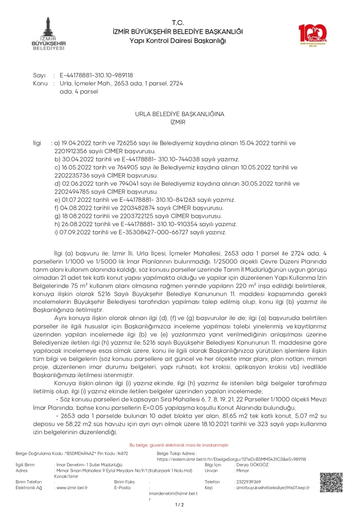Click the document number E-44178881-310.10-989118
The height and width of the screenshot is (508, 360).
pyautogui.click(x=96, y=75)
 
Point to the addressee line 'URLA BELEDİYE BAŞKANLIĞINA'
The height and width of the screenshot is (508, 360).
pyautogui.click(x=180, y=114)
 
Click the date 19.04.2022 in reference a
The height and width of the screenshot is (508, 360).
pyautogui.click(x=74, y=142)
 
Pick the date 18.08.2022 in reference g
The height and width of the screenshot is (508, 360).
pyautogui.click(x=75, y=215)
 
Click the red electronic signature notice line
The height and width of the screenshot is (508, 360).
pyautogui.click(x=179, y=445)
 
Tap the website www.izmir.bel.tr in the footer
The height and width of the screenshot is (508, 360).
pyautogui.click(x=72, y=488)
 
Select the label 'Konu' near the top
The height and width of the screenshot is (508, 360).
pyautogui.click(x=40, y=83)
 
